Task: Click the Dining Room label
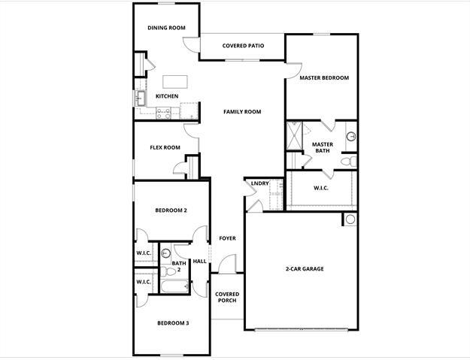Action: point(166,29)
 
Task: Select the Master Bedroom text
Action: point(323,78)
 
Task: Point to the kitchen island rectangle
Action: point(175,81)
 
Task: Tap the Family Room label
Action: point(242,112)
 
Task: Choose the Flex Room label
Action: point(165,147)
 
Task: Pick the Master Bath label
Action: point(323,147)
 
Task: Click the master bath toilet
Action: point(347,161)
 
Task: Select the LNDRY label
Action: point(260,183)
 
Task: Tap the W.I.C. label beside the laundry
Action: point(322,187)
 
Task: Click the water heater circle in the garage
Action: point(349,219)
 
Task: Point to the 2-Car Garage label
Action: point(305,268)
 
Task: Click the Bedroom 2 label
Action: point(171,210)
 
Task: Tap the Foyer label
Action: point(227,238)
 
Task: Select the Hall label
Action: point(199,262)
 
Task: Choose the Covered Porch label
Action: point(227,297)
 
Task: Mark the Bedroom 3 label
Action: point(173,323)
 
